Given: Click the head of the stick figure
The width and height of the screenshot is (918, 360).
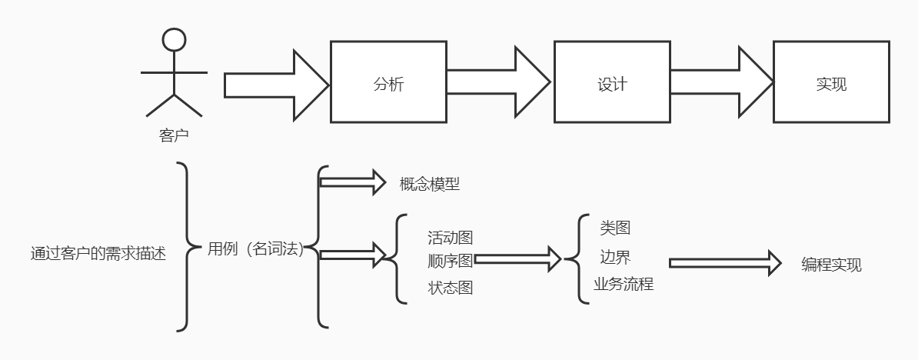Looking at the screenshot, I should pyautogui.click(x=175, y=39).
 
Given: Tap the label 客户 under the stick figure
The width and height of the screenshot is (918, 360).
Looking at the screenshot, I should pyautogui.click(x=174, y=137).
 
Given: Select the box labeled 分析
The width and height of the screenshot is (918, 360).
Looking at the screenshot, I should pyautogui.click(x=388, y=82).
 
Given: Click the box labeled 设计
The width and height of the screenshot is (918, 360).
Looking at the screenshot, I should pyautogui.click(x=612, y=82).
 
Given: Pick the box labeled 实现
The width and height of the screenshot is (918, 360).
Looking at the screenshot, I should pyautogui.click(x=831, y=82).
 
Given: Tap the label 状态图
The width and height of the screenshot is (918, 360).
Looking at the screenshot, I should pyautogui.click(x=451, y=288).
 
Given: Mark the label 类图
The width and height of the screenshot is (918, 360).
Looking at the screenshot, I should pyautogui.click(x=615, y=228).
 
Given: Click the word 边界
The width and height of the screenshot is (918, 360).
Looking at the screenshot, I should pyautogui.click(x=615, y=256).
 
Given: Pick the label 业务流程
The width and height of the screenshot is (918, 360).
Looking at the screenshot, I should pyautogui.click(x=623, y=284).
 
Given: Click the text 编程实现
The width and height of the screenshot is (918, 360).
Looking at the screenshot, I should pyautogui.click(x=831, y=265).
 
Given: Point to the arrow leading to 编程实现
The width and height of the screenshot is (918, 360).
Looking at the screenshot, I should pyautogui.click(x=720, y=263).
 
